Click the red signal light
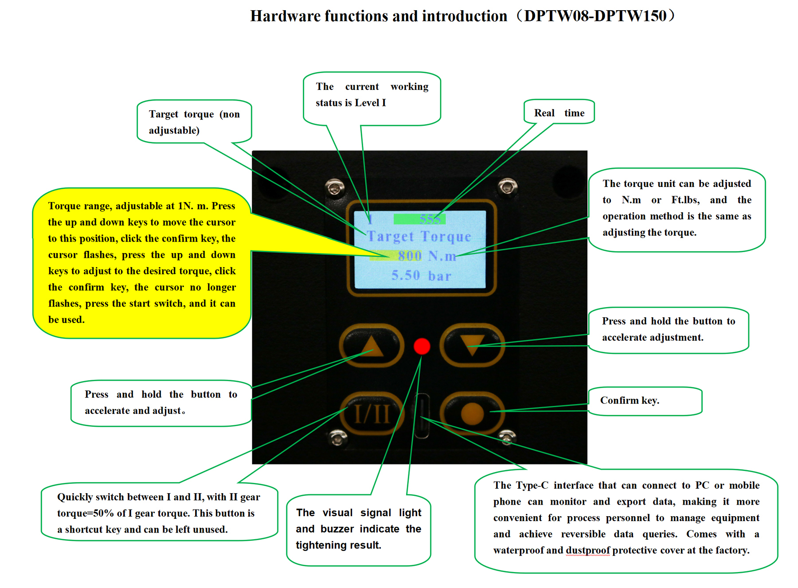point(422,346)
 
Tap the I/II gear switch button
point(372,414)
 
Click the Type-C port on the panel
point(422,416)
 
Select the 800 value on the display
point(410,256)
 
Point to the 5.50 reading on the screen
point(405,276)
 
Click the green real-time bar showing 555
point(419,219)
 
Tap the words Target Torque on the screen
point(419,237)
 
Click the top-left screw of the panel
point(335,187)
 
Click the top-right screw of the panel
point(507,185)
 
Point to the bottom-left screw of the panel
point(337,438)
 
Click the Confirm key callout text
point(630,401)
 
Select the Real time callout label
point(559,113)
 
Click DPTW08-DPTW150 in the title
point(595,16)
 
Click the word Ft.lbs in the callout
point(685,200)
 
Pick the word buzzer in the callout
point(337,529)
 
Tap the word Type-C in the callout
point(529,485)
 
